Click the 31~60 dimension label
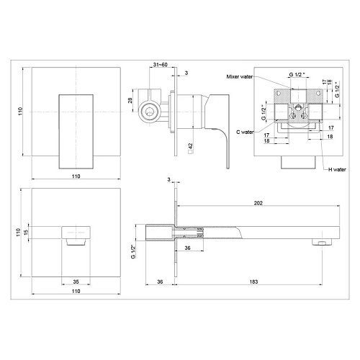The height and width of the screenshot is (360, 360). [x=160, y=65]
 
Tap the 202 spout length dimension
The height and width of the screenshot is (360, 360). [x=258, y=203]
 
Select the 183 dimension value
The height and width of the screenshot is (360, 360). [x=253, y=282]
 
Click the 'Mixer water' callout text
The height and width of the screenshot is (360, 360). [x=240, y=76]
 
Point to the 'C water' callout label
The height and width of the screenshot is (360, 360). [x=245, y=132]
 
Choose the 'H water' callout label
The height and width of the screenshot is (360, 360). [x=337, y=169]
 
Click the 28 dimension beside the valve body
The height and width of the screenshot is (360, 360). [x=130, y=100]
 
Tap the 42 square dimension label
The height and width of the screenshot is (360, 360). [x=191, y=148]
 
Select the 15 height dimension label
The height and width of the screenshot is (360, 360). [x=26, y=232]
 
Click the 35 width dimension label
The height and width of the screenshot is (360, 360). [x=76, y=282]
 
